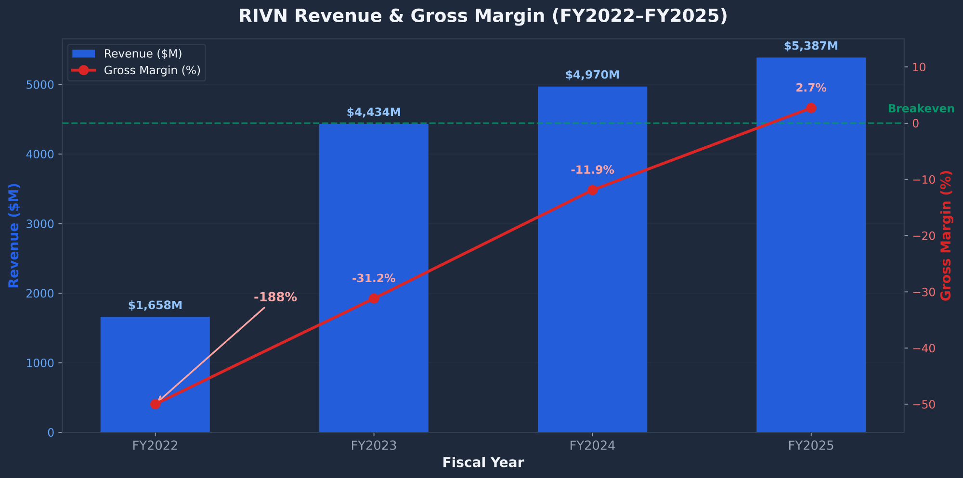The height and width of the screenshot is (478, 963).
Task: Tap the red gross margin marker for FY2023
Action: pyautogui.click(x=374, y=298)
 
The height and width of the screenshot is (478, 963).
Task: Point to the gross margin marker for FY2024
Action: pyautogui.click(x=592, y=190)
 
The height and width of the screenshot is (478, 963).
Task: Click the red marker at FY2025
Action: pyautogui.click(x=811, y=108)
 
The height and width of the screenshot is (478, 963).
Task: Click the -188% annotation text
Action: pyautogui.click(x=275, y=297)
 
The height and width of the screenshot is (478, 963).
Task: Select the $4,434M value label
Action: pyautogui.click(x=374, y=112)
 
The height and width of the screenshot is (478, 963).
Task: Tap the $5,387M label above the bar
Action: pyautogui.click(x=811, y=46)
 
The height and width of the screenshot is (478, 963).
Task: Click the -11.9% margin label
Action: pyautogui.click(x=592, y=170)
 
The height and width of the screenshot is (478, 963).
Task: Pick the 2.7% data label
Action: pyautogui.click(x=811, y=88)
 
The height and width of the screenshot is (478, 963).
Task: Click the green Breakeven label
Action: pyautogui.click(x=921, y=108)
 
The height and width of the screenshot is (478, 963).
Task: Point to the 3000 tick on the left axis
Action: pyautogui.click(x=44, y=224)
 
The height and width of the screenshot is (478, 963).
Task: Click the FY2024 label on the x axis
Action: pyautogui.click(x=592, y=446)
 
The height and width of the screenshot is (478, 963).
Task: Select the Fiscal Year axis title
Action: pyautogui.click(x=483, y=463)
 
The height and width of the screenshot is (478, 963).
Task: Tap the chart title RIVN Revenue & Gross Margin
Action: pyautogui.click(x=483, y=16)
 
